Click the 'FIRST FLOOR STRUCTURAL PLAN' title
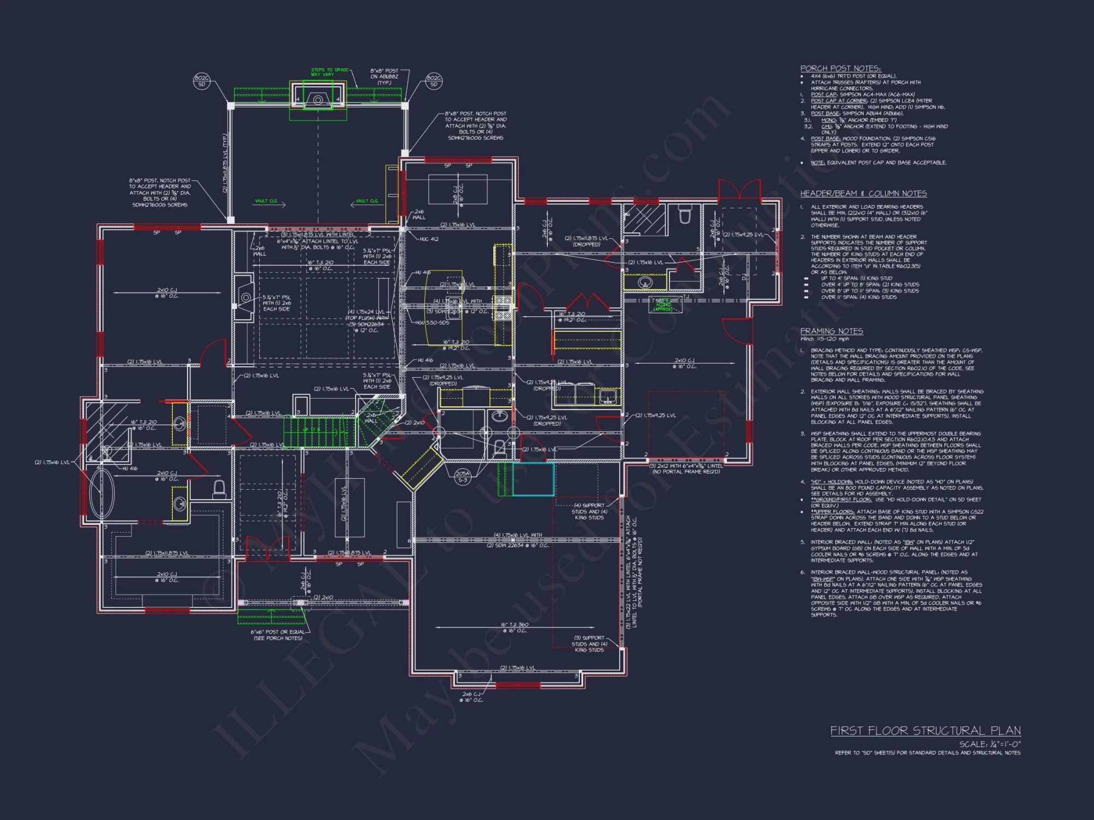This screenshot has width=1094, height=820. click(x=925, y=731)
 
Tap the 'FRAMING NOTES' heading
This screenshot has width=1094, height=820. click(x=831, y=331)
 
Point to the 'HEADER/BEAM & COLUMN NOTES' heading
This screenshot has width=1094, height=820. click(x=863, y=194)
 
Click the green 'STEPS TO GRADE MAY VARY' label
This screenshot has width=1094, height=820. click(x=329, y=72)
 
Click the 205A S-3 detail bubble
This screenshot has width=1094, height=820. click(x=462, y=477)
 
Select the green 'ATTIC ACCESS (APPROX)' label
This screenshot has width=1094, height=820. click(x=664, y=304)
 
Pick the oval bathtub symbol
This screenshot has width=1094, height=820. click(x=102, y=494)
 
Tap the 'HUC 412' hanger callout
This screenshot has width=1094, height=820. click(x=429, y=239)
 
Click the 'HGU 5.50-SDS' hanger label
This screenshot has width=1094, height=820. click(x=432, y=323)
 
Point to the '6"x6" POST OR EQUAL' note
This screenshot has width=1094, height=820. click(x=278, y=635)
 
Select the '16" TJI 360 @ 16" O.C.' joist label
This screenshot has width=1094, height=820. click(x=514, y=628)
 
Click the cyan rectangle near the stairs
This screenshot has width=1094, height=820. click(x=533, y=479)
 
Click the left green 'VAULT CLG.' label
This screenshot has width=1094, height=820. click(x=266, y=201)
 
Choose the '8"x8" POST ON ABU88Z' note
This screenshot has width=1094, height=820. click(x=384, y=77)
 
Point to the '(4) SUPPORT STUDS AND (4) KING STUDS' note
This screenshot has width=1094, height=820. click(x=589, y=511)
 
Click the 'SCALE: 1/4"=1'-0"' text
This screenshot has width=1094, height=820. click(x=990, y=744)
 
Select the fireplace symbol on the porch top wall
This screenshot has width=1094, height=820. click(x=318, y=99)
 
